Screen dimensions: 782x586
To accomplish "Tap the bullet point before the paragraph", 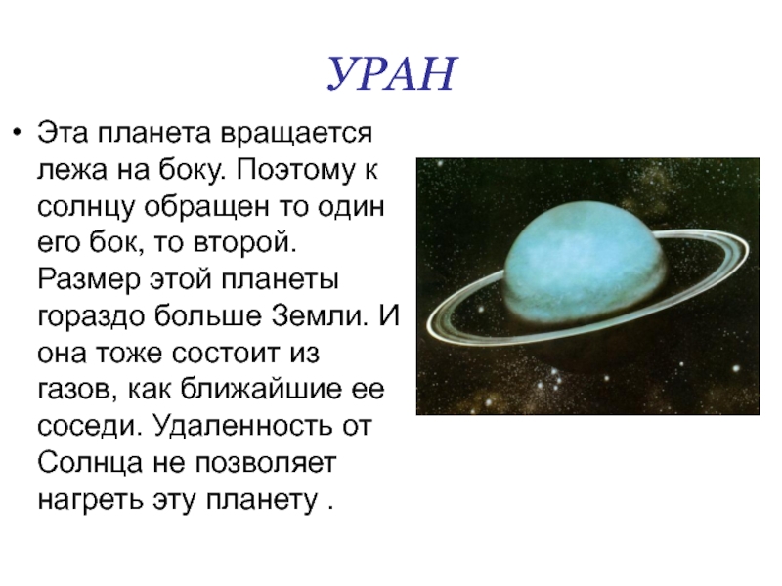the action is (x=18, y=133).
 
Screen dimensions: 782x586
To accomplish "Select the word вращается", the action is (x=297, y=135).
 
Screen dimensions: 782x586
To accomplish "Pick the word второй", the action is (x=244, y=243).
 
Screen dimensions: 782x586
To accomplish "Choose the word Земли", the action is (x=320, y=315).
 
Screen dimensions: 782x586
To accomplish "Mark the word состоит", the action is (x=227, y=354).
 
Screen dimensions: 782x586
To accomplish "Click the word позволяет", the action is (x=265, y=463).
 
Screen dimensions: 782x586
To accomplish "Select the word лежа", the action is (x=72, y=170).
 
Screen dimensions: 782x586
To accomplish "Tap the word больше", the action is (x=207, y=315).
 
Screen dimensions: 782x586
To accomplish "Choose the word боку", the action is (x=192, y=171).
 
